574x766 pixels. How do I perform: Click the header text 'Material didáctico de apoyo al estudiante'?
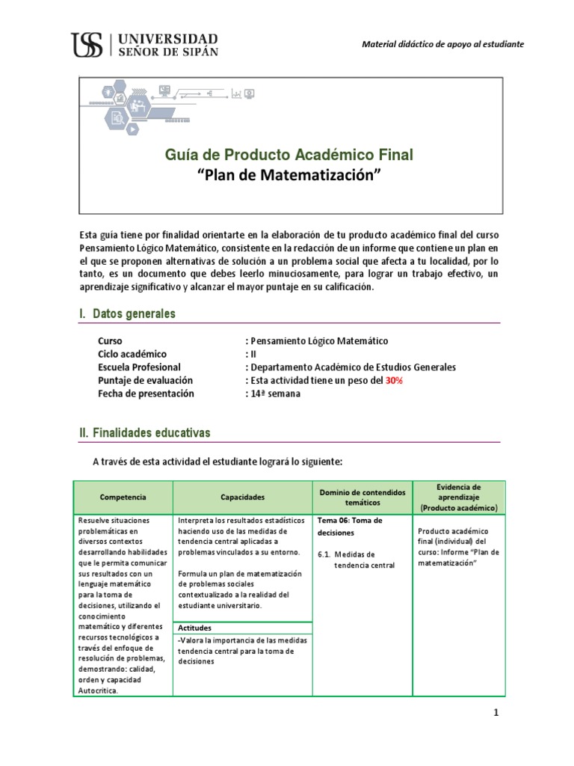pos(442,44)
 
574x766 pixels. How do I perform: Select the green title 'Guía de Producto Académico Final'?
pos(288,155)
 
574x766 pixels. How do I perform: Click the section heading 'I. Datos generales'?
pos(127,313)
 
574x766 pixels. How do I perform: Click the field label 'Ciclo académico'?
pos(132,354)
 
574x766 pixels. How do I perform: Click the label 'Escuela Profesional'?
pos(139,367)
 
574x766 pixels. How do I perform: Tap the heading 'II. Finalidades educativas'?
pos(145,432)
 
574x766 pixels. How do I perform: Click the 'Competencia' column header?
pos(123,497)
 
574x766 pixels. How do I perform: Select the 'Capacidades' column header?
pos(241,497)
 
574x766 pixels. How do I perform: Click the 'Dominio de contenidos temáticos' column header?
pos(362,497)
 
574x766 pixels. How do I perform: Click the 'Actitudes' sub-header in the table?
pos(194,628)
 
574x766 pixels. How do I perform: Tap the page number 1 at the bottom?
pos(495,713)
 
